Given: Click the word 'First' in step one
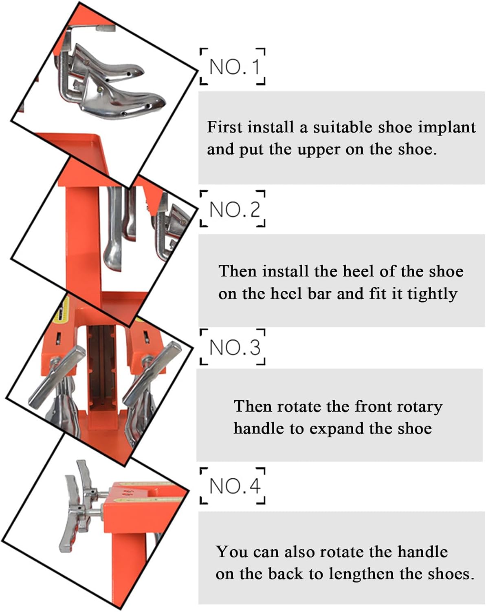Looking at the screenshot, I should pos(225,127).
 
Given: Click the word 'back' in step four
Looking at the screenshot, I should pos(286,574).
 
